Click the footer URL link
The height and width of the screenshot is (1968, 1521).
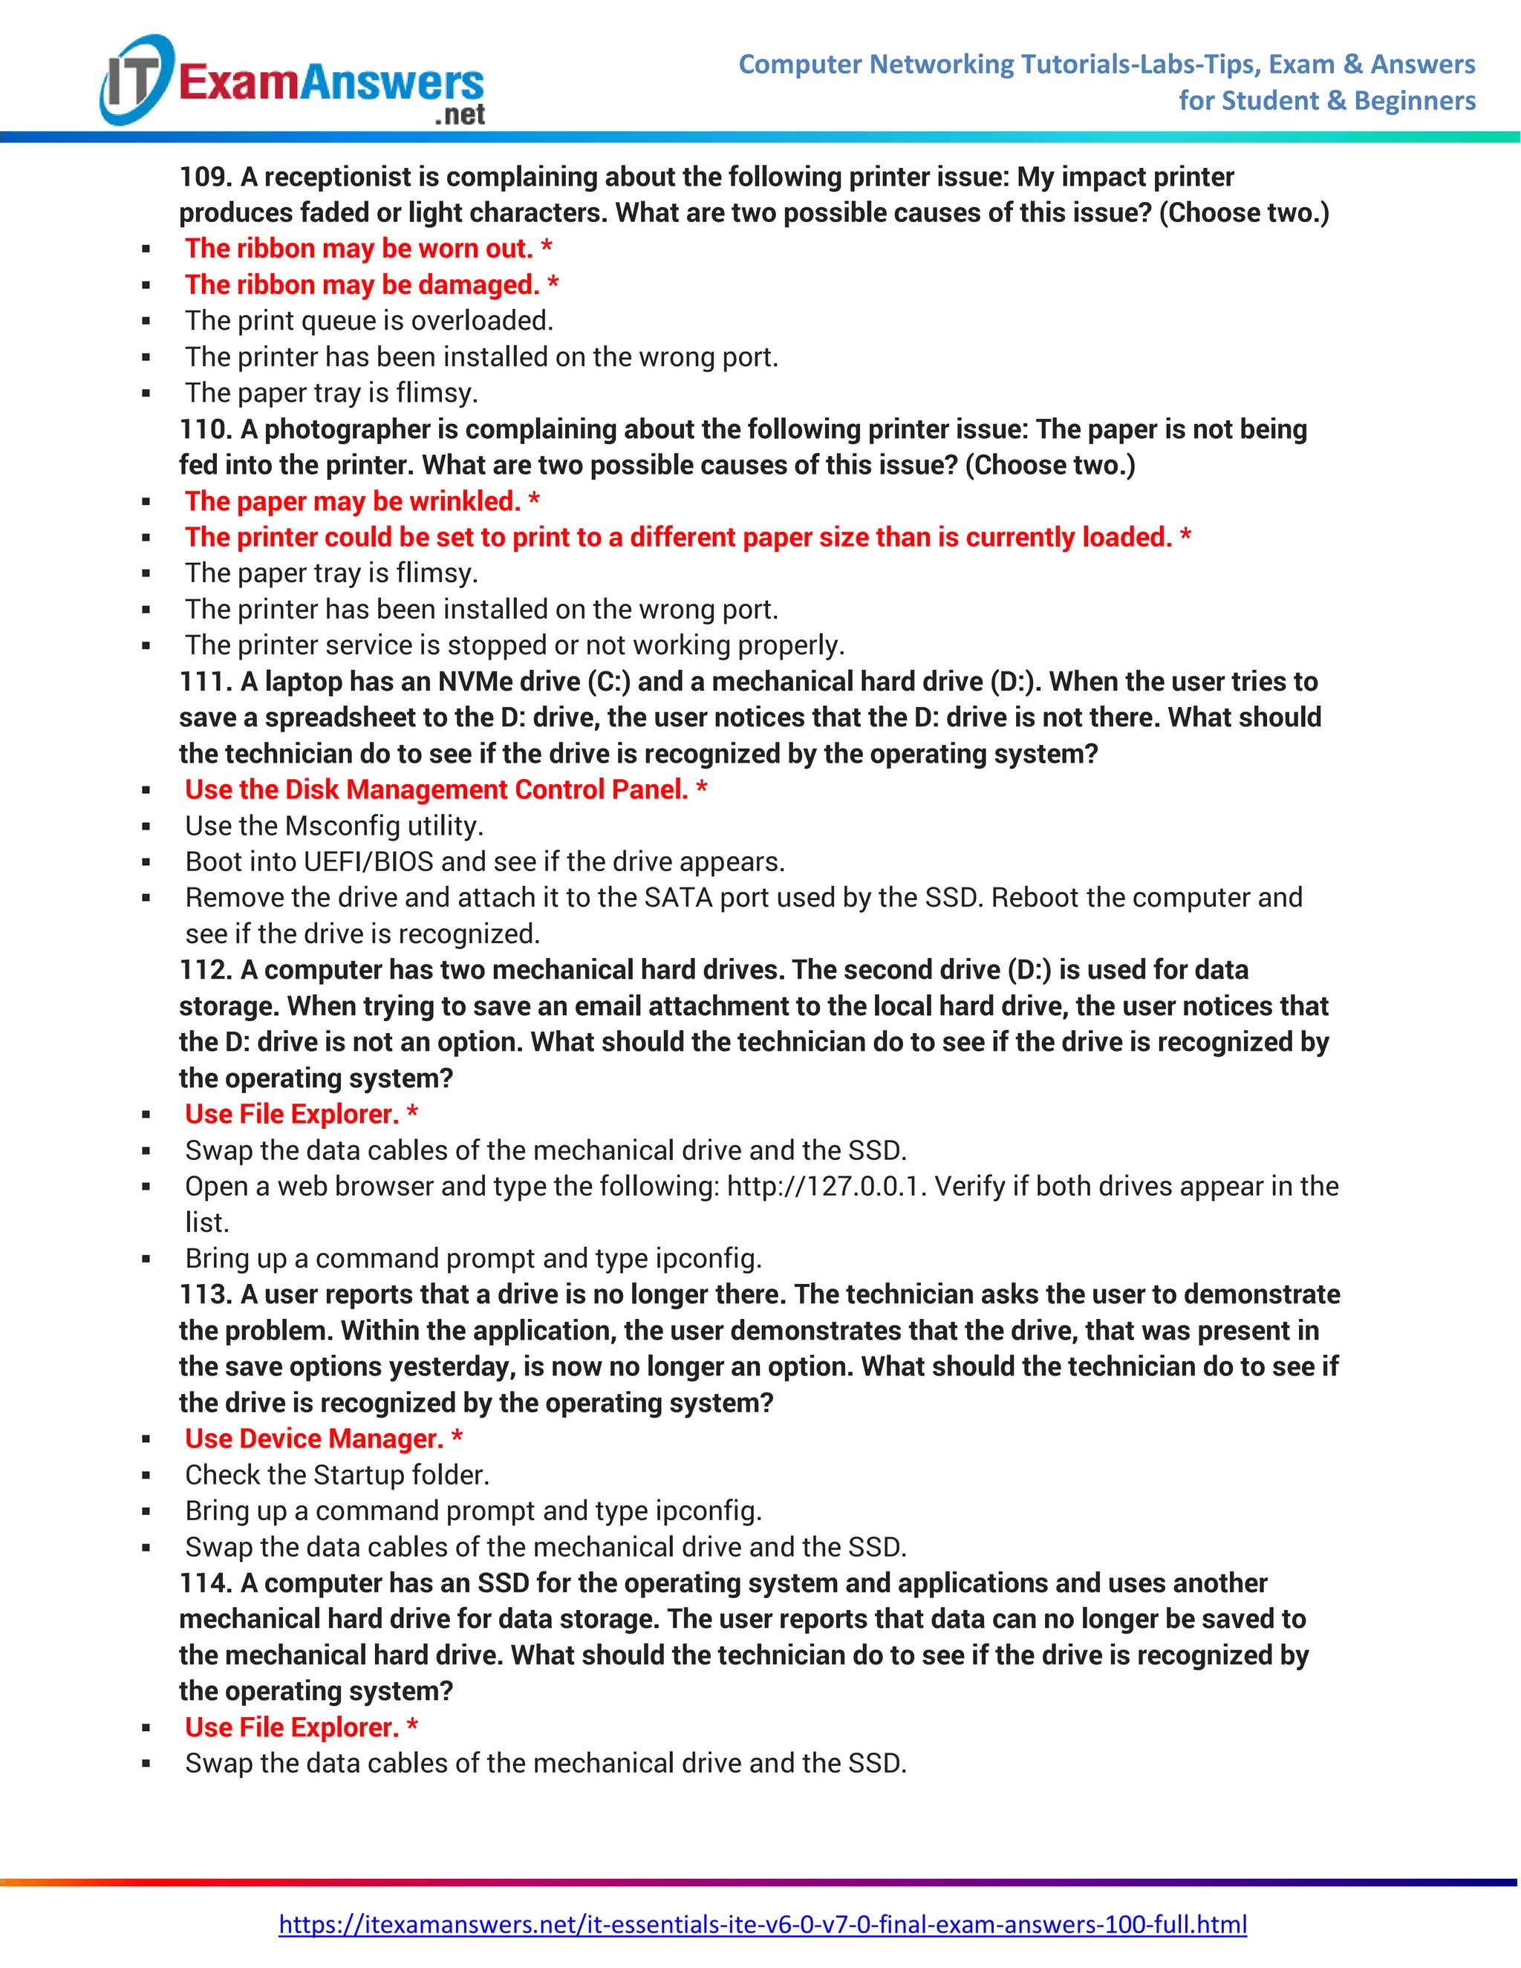coord(762,1924)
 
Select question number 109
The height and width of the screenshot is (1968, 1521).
coord(204,177)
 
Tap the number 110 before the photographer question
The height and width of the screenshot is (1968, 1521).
coord(204,429)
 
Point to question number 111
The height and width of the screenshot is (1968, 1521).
coord(204,681)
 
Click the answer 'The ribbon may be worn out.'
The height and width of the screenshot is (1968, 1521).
coord(359,249)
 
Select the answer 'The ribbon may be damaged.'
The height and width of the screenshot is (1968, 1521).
coord(362,284)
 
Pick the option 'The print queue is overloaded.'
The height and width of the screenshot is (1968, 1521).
coord(369,321)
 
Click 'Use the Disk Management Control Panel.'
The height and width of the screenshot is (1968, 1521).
coord(436,789)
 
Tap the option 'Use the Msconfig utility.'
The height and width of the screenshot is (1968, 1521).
coord(334,825)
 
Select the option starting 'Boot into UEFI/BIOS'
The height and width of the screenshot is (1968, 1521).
coord(485,861)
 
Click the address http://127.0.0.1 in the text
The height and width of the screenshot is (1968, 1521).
coord(827,1186)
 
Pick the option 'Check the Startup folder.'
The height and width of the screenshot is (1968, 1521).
coord(337,1474)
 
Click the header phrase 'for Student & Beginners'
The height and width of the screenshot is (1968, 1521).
coord(1326,101)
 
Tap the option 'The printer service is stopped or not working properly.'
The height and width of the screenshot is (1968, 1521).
coord(515,645)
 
